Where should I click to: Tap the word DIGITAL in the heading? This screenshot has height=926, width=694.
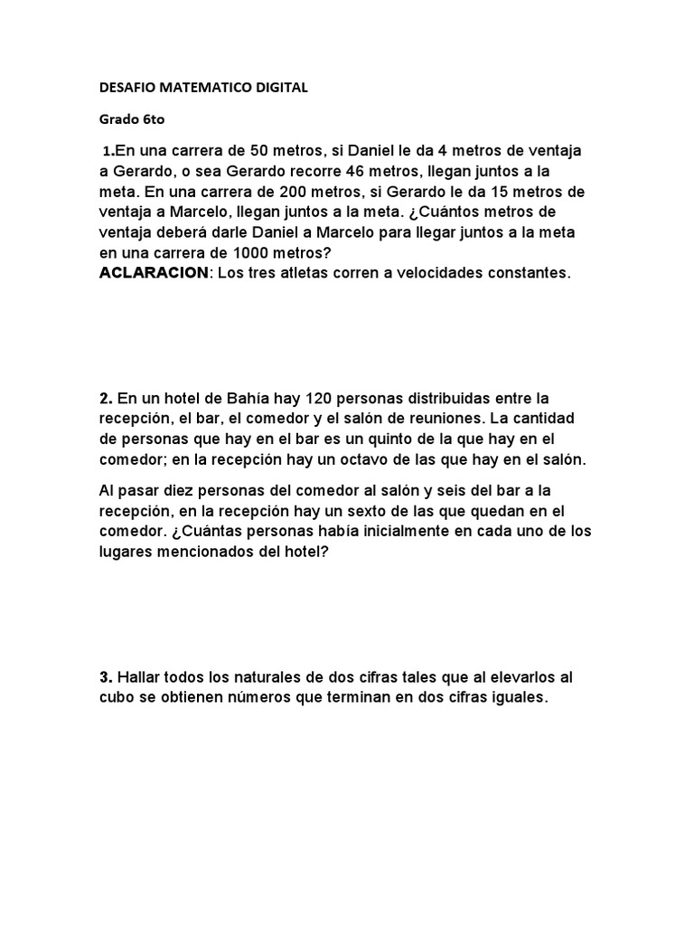277,88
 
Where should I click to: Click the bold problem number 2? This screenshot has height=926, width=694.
105,398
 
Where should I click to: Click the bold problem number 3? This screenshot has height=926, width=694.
105,677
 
